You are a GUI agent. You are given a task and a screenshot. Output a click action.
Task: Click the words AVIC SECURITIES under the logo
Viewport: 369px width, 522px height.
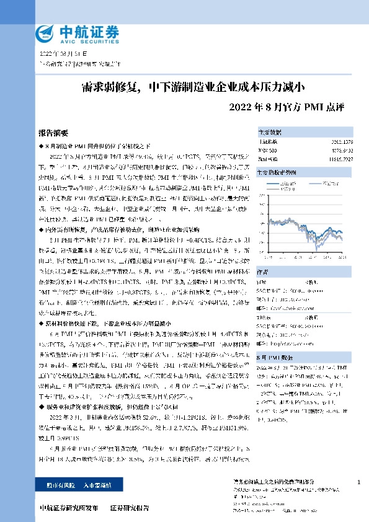point(79,38)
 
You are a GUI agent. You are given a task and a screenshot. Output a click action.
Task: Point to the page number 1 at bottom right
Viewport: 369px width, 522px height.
point(359,482)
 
